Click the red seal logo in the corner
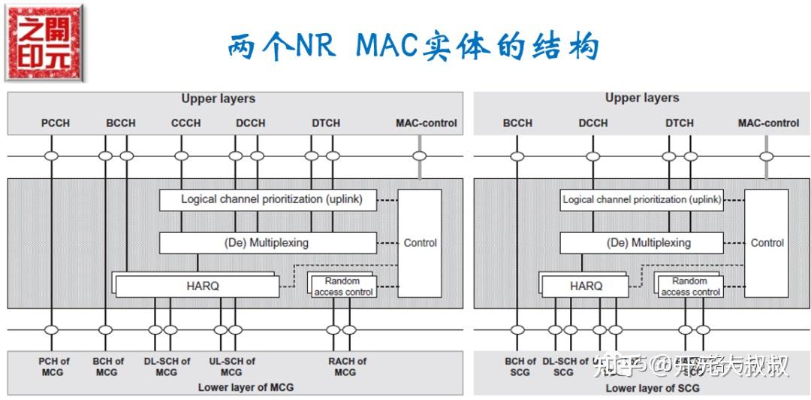tap(44, 43)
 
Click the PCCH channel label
tap(55, 123)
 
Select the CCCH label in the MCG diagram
tap(185, 123)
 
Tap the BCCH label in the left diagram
tap(121, 123)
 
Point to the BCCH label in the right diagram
tap(517, 123)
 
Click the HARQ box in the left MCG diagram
tap(197, 286)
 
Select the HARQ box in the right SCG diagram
tap(586, 286)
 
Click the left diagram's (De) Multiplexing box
tap(267, 243)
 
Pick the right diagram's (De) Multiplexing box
tap(642, 243)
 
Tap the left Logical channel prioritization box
tap(267, 199)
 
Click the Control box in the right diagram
tap(767, 243)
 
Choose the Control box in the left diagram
tap(420, 243)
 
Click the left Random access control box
tap(343, 286)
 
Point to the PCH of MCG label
tap(54, 366)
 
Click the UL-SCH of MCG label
tap(231, 366)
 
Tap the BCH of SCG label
tap(520, 366)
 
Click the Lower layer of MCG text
tap(246, 387)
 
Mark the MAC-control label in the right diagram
tap(768, 123)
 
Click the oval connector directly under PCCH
tap(51, 156)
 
